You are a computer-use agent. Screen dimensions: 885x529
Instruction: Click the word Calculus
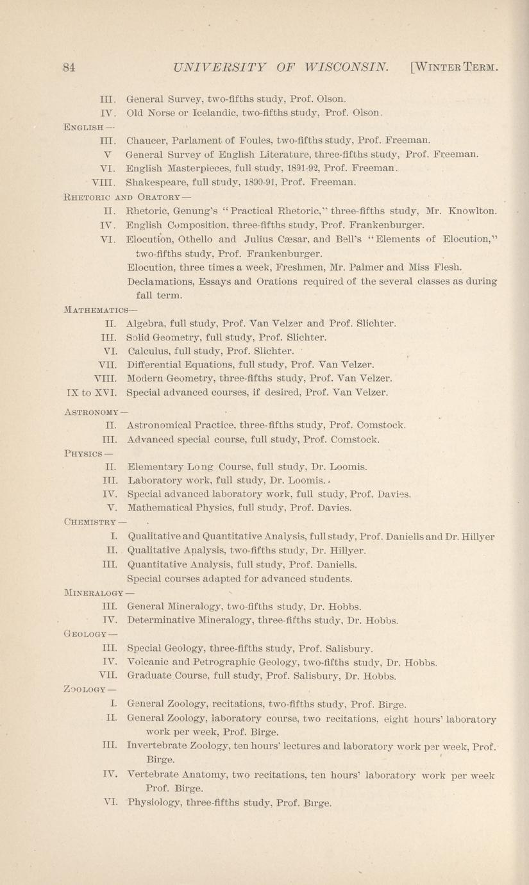(149, 351)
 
